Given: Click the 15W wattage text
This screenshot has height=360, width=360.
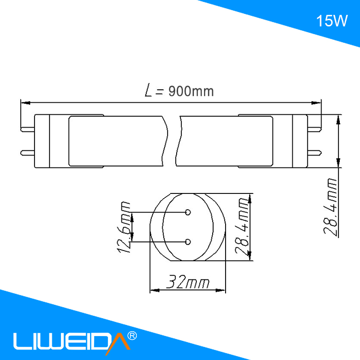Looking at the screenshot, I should tap(331, 21).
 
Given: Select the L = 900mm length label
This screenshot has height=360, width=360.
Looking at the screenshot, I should tap(179, 91).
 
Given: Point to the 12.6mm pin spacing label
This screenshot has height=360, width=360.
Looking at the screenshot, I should tap(126, 227).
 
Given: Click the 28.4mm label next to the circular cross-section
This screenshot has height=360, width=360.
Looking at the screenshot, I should tap(244, 228).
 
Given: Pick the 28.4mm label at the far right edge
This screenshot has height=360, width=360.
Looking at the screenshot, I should tap(330, 206).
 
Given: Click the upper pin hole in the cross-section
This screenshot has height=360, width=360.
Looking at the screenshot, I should tap(188, 212).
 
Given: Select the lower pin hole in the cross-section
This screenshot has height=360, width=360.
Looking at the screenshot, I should tap(188, 241).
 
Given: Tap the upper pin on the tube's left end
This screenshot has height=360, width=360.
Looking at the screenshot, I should tap(27, 129).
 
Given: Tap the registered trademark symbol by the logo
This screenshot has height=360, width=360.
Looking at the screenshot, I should tap(133, 335).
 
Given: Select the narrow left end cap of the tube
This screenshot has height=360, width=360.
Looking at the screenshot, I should tap(43, 141).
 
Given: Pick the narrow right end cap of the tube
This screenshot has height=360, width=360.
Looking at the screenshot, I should tap(300, 141).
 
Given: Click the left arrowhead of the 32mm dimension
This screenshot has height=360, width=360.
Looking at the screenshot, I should tap(154, 290).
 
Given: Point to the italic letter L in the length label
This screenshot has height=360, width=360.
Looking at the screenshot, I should tap(150, 90).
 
